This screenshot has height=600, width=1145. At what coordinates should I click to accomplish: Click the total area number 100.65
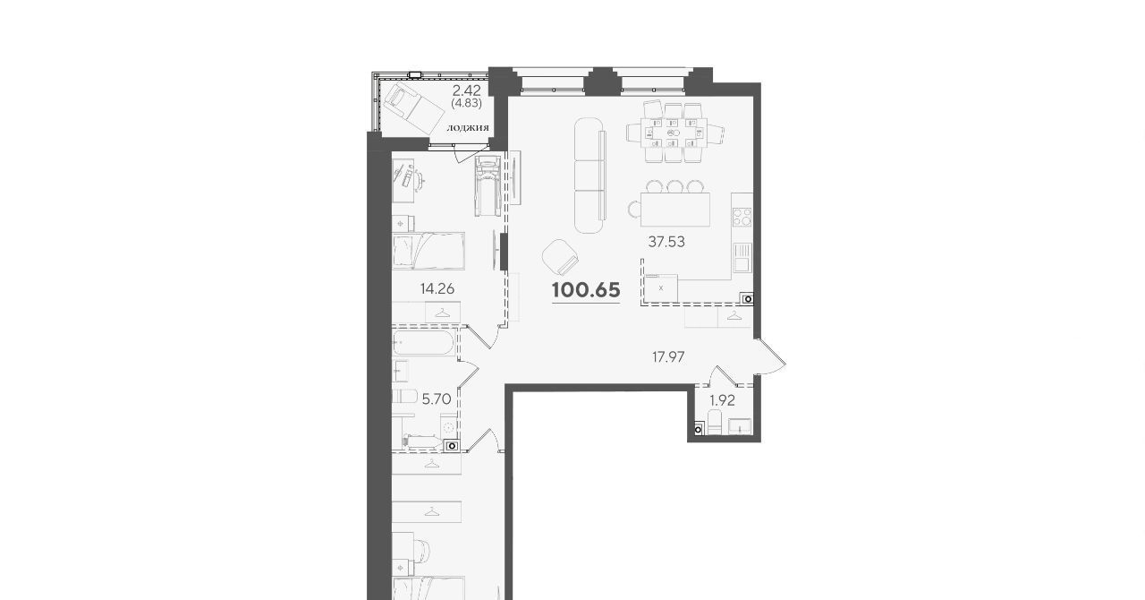586,290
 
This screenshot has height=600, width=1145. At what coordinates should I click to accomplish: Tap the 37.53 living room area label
666,242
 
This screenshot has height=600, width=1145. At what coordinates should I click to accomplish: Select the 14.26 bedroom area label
437,288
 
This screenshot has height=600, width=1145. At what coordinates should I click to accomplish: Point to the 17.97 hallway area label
668,356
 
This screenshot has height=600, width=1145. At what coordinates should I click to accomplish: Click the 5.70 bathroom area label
436,399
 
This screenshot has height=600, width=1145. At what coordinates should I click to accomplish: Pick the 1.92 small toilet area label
722,400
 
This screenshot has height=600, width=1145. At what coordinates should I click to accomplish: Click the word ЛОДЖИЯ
468,128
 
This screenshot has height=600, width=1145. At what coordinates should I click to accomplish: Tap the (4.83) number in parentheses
466,103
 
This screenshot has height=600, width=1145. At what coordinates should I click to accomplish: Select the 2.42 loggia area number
467,90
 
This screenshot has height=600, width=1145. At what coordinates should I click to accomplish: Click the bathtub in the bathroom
424,343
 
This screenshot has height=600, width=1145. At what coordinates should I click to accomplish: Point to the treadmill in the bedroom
488,185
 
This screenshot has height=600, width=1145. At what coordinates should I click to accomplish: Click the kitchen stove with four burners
742,217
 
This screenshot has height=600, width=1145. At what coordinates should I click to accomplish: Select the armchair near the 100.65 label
561,258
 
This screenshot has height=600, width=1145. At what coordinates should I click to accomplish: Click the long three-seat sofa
589,176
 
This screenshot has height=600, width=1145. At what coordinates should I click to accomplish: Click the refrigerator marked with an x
661,288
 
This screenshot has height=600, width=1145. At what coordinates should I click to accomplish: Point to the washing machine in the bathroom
449,427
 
